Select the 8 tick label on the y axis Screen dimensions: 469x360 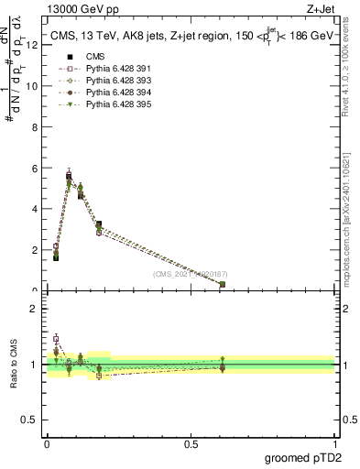click(34, 127)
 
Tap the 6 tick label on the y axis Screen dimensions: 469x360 click(34, 169)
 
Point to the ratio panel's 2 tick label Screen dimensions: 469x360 click(34, 310)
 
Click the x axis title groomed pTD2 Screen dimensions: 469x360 click(303, 458)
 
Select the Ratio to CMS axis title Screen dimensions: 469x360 click(15, 364)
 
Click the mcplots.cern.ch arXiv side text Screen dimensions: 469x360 click(351, 211)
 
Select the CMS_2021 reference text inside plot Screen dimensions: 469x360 click(191, 274)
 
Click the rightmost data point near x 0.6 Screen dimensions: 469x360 click(223, 284)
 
